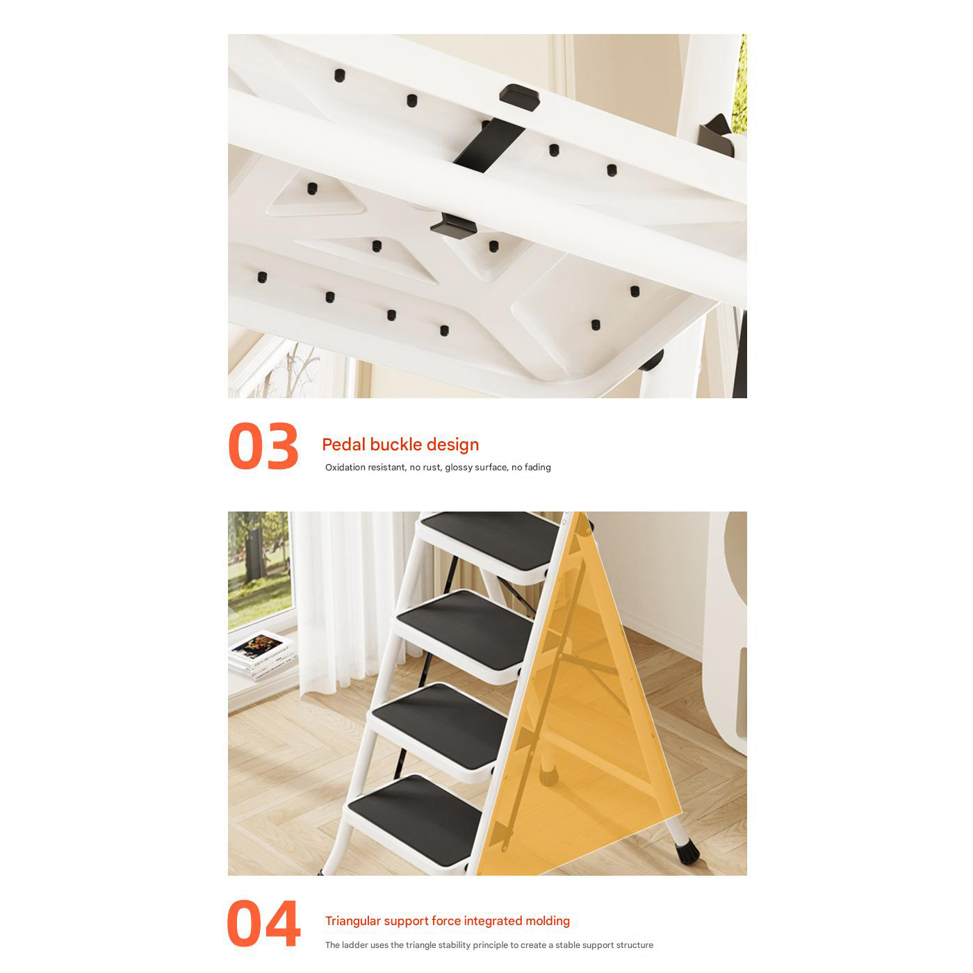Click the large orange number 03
click(x=263, y=446)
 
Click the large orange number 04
click(x=263, y=923)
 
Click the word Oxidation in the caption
click(x=345, y=467)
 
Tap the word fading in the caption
click(x=538, y=468)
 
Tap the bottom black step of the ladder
click(x=415, y=819)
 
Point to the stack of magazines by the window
click(x=261, y=655)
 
